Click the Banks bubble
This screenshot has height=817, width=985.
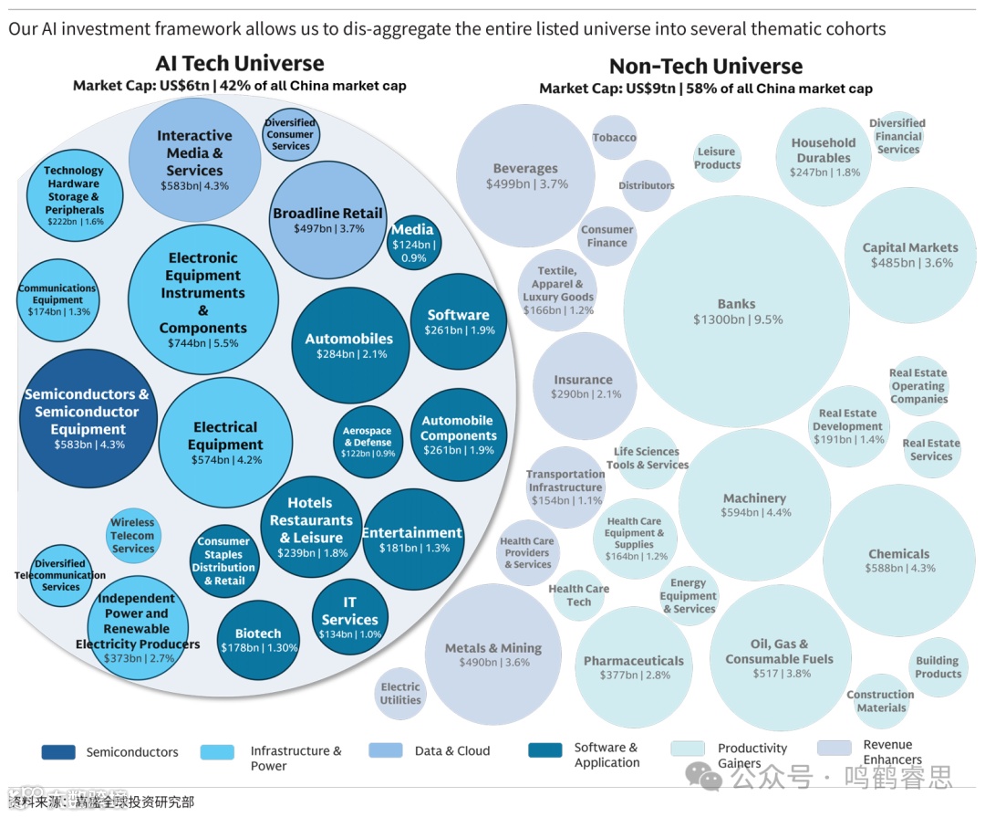(736, 311)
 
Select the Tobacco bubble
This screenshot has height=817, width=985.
(615, 138)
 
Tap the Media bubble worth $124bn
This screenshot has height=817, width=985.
(414, 242)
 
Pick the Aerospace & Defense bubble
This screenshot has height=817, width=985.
(367, 442)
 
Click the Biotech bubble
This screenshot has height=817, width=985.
(258, 640)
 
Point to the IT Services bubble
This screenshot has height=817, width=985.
(349, 618)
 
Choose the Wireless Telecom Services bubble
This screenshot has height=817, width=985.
(133, 536)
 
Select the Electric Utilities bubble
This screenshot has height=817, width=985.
(400, 694)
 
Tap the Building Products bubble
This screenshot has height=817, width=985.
(938, 667)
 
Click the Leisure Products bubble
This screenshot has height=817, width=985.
(717, 158)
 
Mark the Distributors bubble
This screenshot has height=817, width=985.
(647, 185)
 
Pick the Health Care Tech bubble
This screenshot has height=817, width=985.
(579, 595)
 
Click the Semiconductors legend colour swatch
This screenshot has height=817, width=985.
(58, 752)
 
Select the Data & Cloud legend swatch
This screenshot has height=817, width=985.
(386, 750)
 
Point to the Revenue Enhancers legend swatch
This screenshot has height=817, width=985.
(835, 748)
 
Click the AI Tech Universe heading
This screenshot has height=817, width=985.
(240, 63)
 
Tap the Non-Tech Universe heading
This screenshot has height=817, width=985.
(706, 66)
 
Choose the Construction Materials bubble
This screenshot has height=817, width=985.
(880, 701)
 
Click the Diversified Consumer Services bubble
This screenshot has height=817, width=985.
(290, 134)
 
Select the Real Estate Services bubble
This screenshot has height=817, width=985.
(931, 449)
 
